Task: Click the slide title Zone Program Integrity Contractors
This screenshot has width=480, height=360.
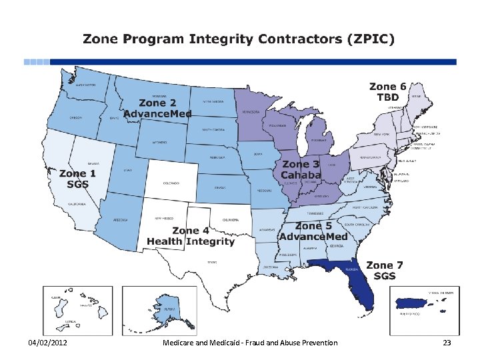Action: tap(239, 39)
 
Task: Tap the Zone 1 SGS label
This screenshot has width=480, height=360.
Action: tap(77, 179)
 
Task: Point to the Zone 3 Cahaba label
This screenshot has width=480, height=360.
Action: tap(301, 169)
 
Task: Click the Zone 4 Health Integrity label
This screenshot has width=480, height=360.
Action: tap(191, 236)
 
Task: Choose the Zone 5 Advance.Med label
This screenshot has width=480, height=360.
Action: tap(313, 231)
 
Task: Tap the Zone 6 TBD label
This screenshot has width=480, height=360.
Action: tap(387, 91)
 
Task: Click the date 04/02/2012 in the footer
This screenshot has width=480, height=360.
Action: tap(47, 343)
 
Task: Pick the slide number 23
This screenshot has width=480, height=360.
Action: tap(447, 343)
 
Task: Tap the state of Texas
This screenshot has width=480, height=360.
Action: tap(213, 263)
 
